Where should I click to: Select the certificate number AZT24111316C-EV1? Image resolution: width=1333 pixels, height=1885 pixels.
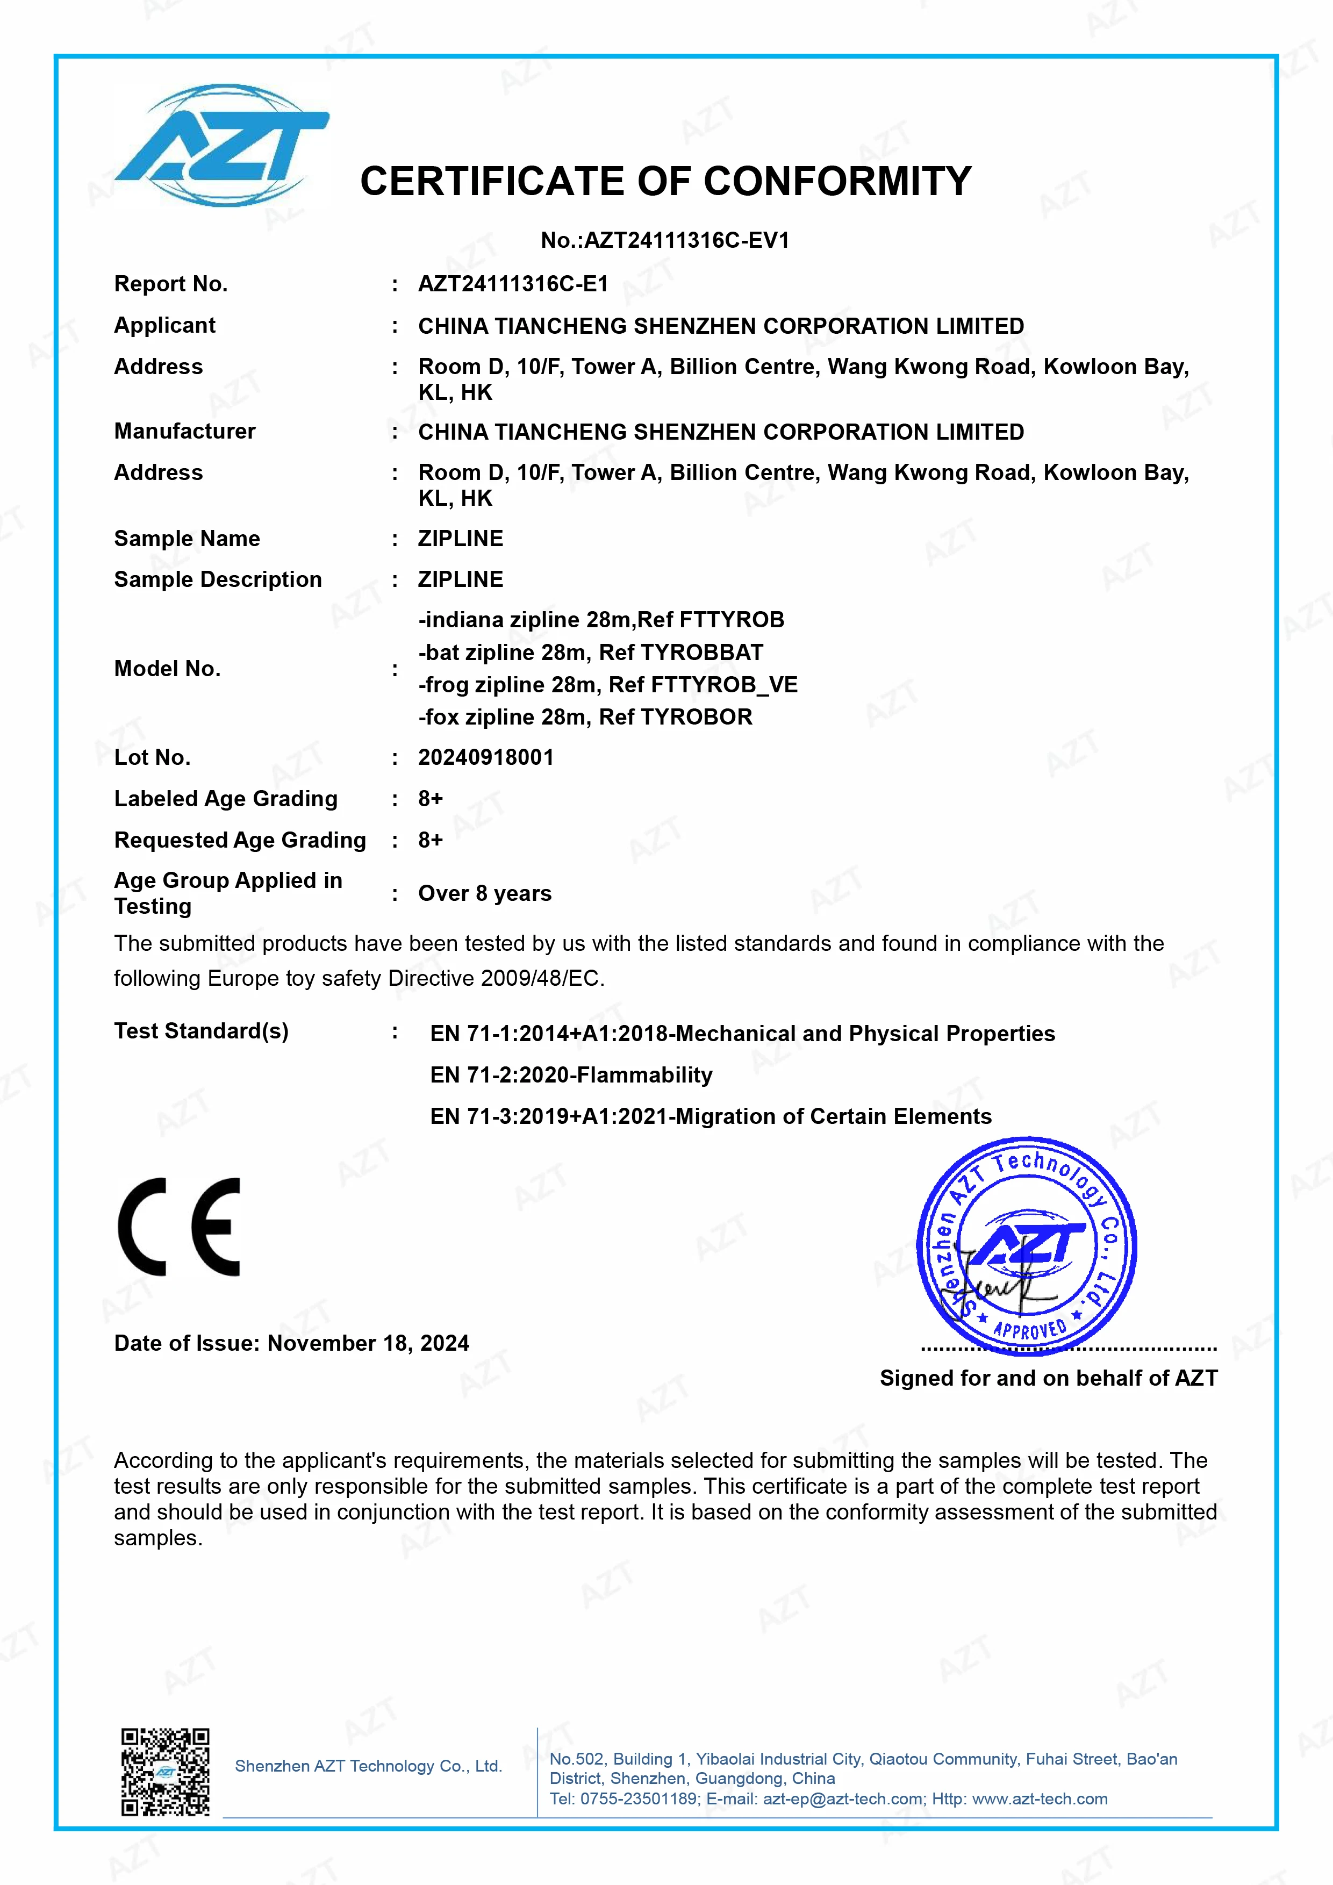[x=686, y=241]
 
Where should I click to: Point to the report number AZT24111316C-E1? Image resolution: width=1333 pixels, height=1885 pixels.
[x=513, y=284]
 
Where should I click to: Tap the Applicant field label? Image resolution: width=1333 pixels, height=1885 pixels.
[x=164, y=325]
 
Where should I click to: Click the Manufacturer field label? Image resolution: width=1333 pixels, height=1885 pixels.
[x=185, y=431]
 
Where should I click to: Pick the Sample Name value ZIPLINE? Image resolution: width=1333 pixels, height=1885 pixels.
[x=461, y=539]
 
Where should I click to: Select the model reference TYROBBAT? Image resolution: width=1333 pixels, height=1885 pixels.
[x=702, y=653]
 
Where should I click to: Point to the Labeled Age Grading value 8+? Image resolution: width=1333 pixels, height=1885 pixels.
[x=430, y=799]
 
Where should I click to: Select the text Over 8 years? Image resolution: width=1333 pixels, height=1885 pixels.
[x=484, y=893]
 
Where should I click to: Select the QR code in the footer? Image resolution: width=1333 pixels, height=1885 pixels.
[x=165, y=1771]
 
